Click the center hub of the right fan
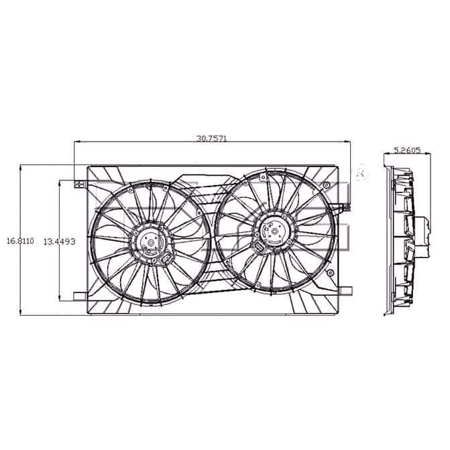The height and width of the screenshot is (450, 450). [x=272, y=231]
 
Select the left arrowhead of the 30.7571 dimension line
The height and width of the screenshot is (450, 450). [x=75, y=142]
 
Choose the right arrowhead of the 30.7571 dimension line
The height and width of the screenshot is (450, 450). [x=349, y=142]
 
